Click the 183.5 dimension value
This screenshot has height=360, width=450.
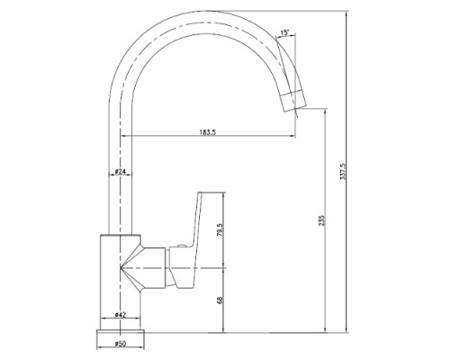[208, 132]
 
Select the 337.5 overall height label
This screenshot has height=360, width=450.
[343, 172]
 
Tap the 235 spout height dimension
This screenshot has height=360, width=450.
[321, 220]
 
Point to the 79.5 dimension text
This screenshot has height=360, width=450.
[220, 230]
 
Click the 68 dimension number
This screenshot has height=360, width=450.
[220, 300]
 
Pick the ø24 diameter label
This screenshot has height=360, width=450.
[120, 172]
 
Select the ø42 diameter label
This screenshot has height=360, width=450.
[120, 315]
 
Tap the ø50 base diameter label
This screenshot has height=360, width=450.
[120, 344]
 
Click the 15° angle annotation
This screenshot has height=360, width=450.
[284, 32]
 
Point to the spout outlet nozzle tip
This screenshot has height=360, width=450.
[293, 101]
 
